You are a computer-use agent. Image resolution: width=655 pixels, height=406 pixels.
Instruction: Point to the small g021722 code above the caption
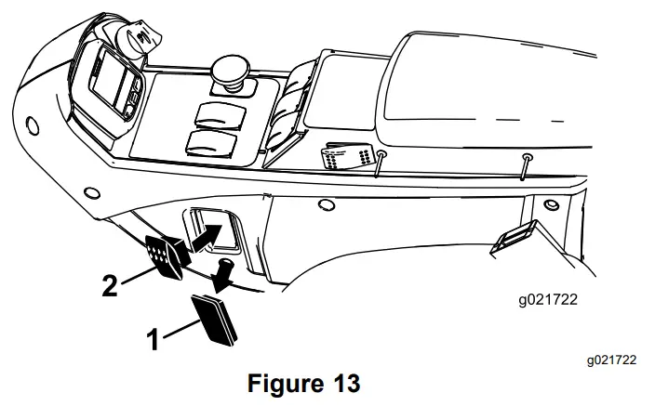(610, 359)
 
